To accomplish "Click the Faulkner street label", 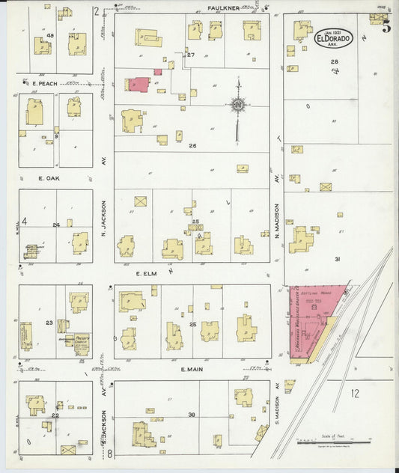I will pyautogui.click(x=223, y=8).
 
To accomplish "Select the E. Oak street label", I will pyautogui.click(x=48, y=179).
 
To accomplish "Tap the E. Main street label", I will pyautogui.click(x=192, y=370).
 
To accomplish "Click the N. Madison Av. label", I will pyautogui.click(x=275, y=221).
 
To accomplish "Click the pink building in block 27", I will pyautogui.click(x=139, y=83).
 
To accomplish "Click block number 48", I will pyautogui.click(x=50, y=36).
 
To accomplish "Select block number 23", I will pyautogui.click(x=49, y=323).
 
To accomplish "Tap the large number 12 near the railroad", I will pyautogui.click(x=354, y=393).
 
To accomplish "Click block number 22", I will pyautogui.click(x=55, y=415).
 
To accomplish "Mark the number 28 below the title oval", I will pyautogui.click(x=335, y=61).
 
